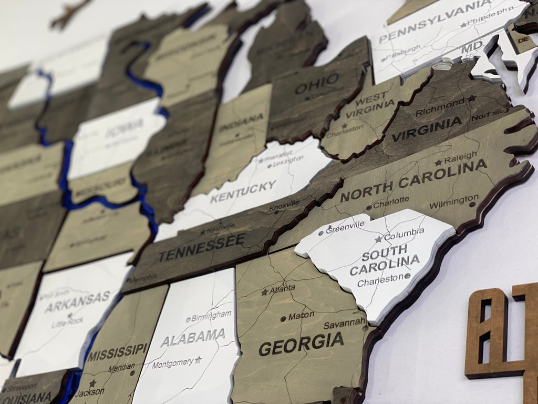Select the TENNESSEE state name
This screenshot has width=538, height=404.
pos(202,248)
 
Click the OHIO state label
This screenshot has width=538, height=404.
pos(317,83)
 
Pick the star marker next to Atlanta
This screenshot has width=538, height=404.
pos(265,291)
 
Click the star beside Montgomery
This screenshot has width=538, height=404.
pos(198,360)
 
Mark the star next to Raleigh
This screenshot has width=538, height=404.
pos(438,163)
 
